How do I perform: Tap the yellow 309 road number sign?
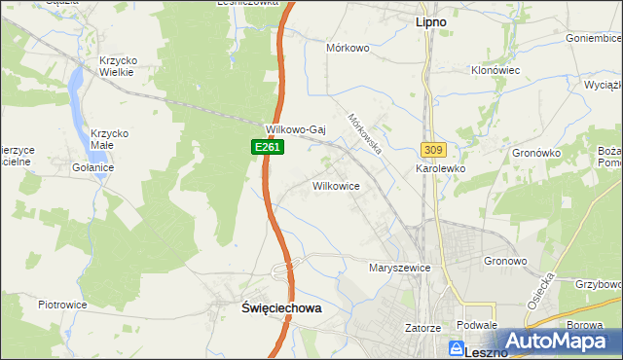434,149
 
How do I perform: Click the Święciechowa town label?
280,307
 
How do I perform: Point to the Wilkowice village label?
337,185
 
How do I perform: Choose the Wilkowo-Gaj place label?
295,128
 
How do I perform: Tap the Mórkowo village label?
348,47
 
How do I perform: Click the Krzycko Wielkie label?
119,66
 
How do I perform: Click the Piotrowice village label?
62,305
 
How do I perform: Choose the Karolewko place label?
441,168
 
